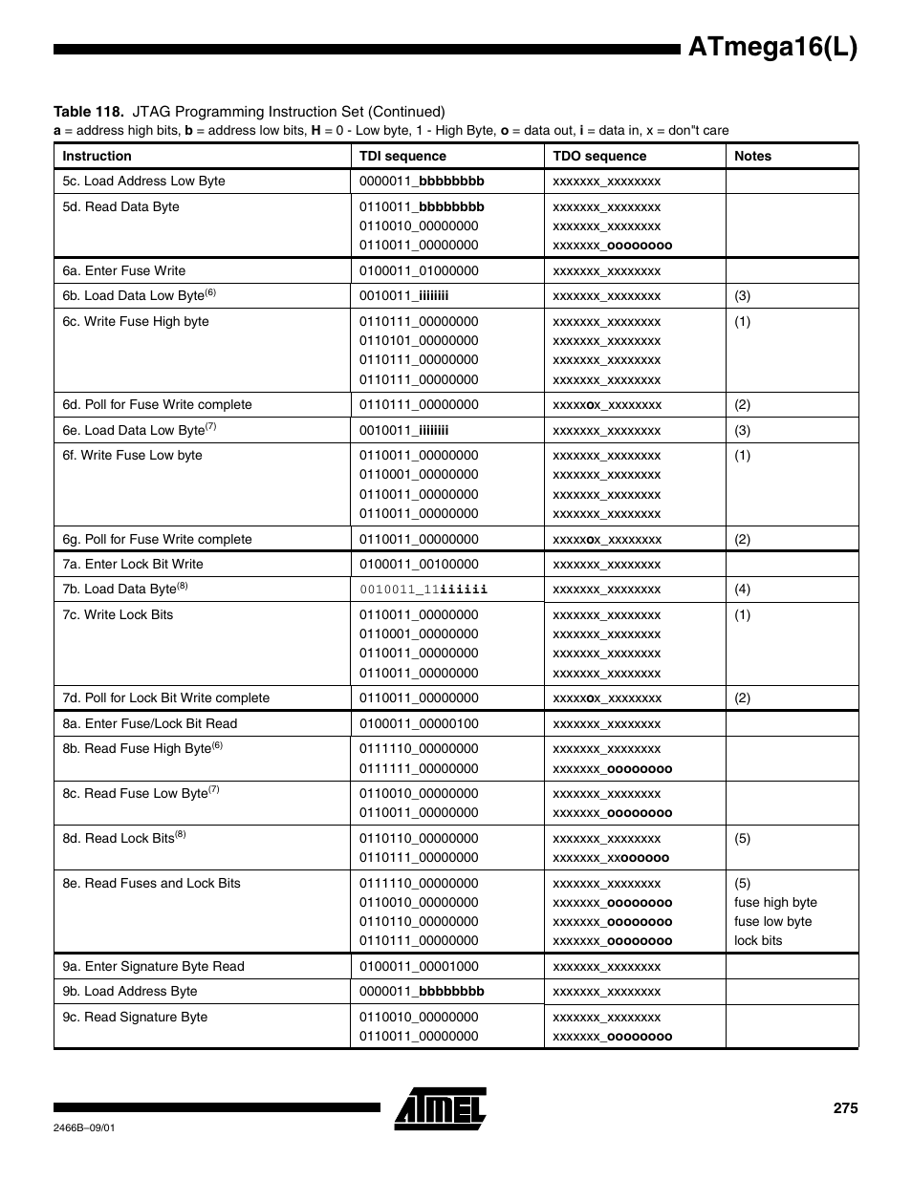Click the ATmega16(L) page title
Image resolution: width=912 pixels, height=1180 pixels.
tap(772, 47)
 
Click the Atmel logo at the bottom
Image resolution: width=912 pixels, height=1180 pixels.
tap(441, 1108)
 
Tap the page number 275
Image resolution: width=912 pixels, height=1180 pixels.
tap(845, 1108)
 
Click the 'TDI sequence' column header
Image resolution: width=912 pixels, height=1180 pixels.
tap(402, 156)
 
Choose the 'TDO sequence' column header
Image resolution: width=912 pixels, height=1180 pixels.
tap(599, 156)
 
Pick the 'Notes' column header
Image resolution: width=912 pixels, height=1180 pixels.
tap(752, 156)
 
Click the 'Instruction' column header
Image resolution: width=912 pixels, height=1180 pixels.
tap(97, 156)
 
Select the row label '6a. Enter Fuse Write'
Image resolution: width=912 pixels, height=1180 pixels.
tap(124, 270)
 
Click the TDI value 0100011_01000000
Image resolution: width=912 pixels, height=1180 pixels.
tap(419, 270)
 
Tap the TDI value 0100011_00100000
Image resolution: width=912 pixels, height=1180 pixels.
tap(419, 564)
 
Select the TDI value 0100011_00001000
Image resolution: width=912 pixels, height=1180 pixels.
tap(419, 966)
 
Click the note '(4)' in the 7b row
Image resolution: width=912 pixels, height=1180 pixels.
tap(742, 590)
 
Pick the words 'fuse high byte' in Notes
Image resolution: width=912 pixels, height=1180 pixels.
tap(775, 902)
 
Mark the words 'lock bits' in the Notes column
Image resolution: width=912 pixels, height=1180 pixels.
tap(758, 940)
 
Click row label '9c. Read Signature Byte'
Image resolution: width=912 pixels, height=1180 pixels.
tap(135, 1017)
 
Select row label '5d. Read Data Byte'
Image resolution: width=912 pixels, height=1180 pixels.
tap(120, 206)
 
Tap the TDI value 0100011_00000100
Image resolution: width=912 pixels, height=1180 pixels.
tap(419, 723)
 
